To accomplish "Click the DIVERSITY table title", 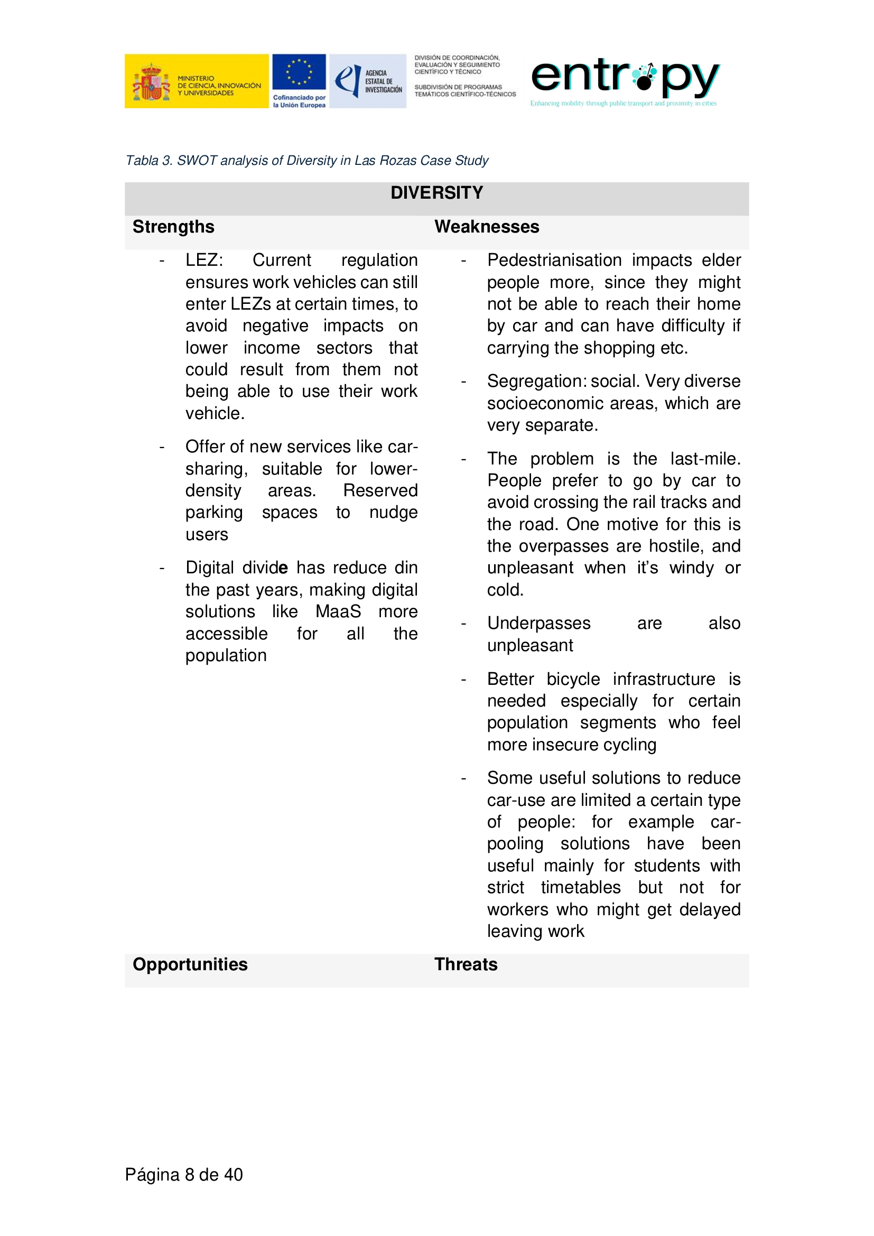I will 436,193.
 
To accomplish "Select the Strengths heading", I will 173,227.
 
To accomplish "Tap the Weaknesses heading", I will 487,227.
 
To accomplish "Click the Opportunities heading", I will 190,964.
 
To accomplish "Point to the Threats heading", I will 466,964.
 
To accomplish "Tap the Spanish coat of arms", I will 151,82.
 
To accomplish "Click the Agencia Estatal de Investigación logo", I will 368,81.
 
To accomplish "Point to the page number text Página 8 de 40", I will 183,1174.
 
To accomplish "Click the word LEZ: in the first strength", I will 204,260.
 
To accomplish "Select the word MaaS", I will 338,611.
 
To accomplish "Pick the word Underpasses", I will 538,623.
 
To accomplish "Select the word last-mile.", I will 705,459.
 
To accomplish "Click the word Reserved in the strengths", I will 380,490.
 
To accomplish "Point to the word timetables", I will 581,887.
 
